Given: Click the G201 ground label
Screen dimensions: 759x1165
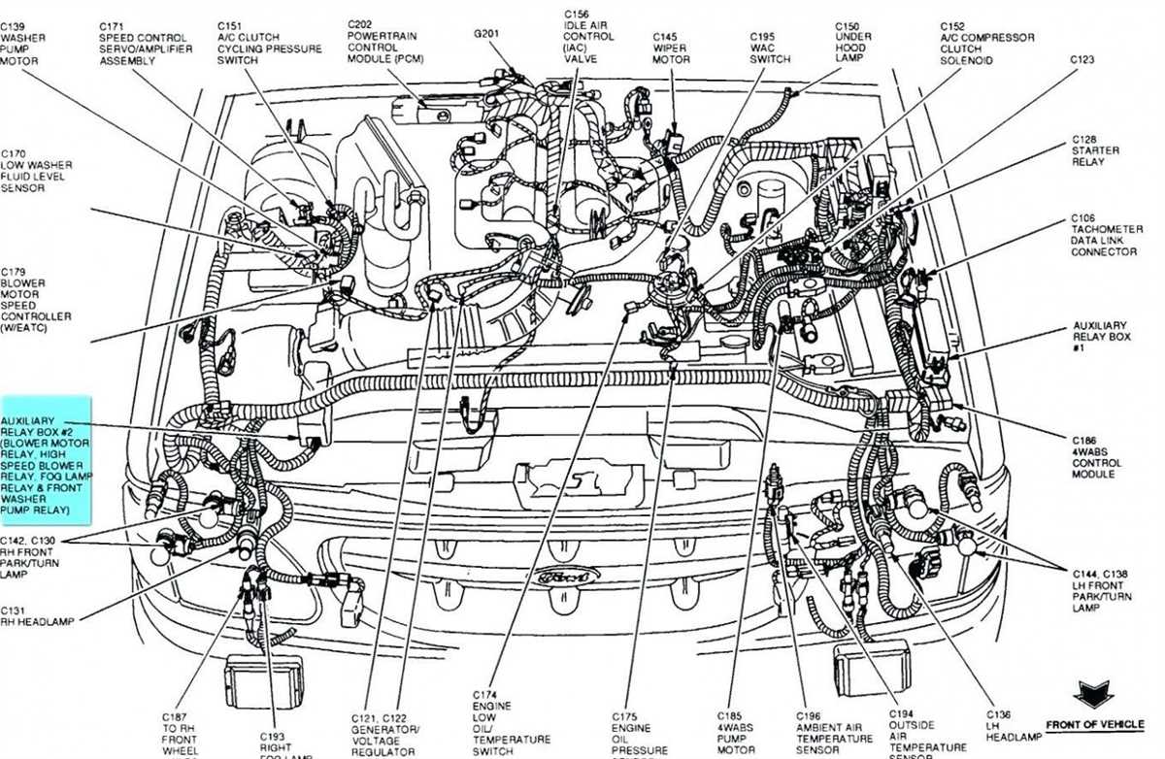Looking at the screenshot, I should pyautogui.click(x=486, y=32).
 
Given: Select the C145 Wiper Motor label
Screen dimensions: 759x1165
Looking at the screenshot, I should pyautogui.click(x=671, y=49).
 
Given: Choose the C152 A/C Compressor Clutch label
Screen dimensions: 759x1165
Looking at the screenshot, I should pyautogui.click(x=984, y=43).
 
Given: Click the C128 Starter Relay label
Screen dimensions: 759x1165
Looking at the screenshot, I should pyautogui.click(x=1095, y=150).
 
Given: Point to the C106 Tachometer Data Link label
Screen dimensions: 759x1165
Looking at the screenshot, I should pyautogui.click(x=1104, y=235).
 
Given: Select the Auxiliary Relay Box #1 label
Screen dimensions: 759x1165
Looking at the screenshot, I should pyautogui.click(x=1100, y=336).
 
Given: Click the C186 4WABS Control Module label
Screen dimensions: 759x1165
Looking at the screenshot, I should pyautogui.click(x=1096, y=457).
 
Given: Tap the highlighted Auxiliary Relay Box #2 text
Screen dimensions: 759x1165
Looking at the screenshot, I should pyautogui.click(x=46, y=460).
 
